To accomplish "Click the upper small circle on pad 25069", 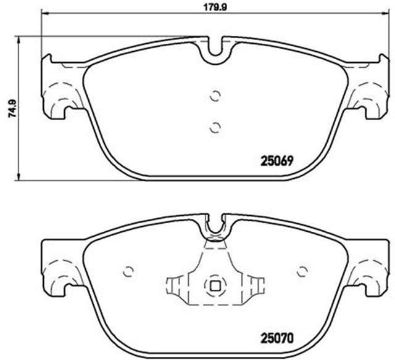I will tap(215, 96).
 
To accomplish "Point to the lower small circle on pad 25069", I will tap(215, 127).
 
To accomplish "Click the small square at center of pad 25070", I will tap(215, 286).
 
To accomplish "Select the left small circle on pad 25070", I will tap(128, 271).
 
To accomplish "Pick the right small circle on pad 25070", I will tap(302, 271).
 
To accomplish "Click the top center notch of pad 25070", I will tap(215, 227).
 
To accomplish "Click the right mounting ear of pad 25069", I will tap(372, 86).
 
